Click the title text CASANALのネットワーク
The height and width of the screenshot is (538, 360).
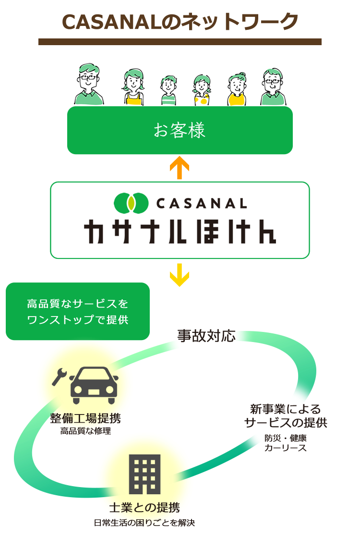180,21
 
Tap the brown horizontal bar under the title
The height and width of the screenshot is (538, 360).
180,42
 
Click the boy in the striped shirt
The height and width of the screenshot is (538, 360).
168,91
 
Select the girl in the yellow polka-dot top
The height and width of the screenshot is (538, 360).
202,91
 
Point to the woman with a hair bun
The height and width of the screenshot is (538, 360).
236,90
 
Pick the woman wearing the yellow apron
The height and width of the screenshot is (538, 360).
133,88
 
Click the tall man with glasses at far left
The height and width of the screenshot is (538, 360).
89,85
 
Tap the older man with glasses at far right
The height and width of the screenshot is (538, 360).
272,87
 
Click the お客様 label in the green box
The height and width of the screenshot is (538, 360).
180,131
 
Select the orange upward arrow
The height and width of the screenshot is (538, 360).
180,168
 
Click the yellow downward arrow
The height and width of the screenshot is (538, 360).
180,275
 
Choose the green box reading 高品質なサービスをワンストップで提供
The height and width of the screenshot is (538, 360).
78,311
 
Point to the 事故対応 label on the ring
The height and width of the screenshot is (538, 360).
206,336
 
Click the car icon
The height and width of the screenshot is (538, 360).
94,385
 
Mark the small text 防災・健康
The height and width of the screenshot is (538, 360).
285,438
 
